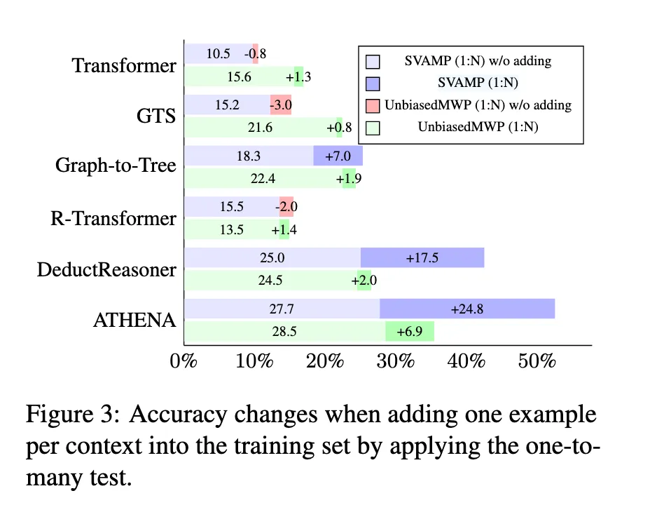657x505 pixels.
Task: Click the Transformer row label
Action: click(124, 65)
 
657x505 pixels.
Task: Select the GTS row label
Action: click(156, 116)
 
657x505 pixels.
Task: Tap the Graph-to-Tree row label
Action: click(116, 166)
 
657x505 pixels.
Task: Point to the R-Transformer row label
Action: click(113, 218)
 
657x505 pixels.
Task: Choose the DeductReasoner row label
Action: click(106, 269)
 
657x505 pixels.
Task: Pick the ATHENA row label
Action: click(134, 320)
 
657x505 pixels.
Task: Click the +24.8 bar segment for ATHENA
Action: click(467, 309)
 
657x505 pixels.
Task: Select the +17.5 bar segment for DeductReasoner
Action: click(422, 257)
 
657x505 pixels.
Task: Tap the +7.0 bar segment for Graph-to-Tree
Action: click(338, 156)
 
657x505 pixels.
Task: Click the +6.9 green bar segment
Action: click(410, 331)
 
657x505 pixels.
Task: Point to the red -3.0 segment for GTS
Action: click(281, 105)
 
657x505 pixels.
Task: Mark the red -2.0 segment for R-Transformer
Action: click(286, 207)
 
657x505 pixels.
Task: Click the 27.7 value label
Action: click(282, 309)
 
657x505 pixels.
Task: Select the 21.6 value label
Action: click(260, 127)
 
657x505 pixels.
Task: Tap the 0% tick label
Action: click(184, 361)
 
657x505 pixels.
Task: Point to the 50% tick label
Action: click(537, 361)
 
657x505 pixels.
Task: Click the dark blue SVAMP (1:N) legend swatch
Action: click(373, 83)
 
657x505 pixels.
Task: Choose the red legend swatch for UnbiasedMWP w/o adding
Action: click(373, 106)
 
